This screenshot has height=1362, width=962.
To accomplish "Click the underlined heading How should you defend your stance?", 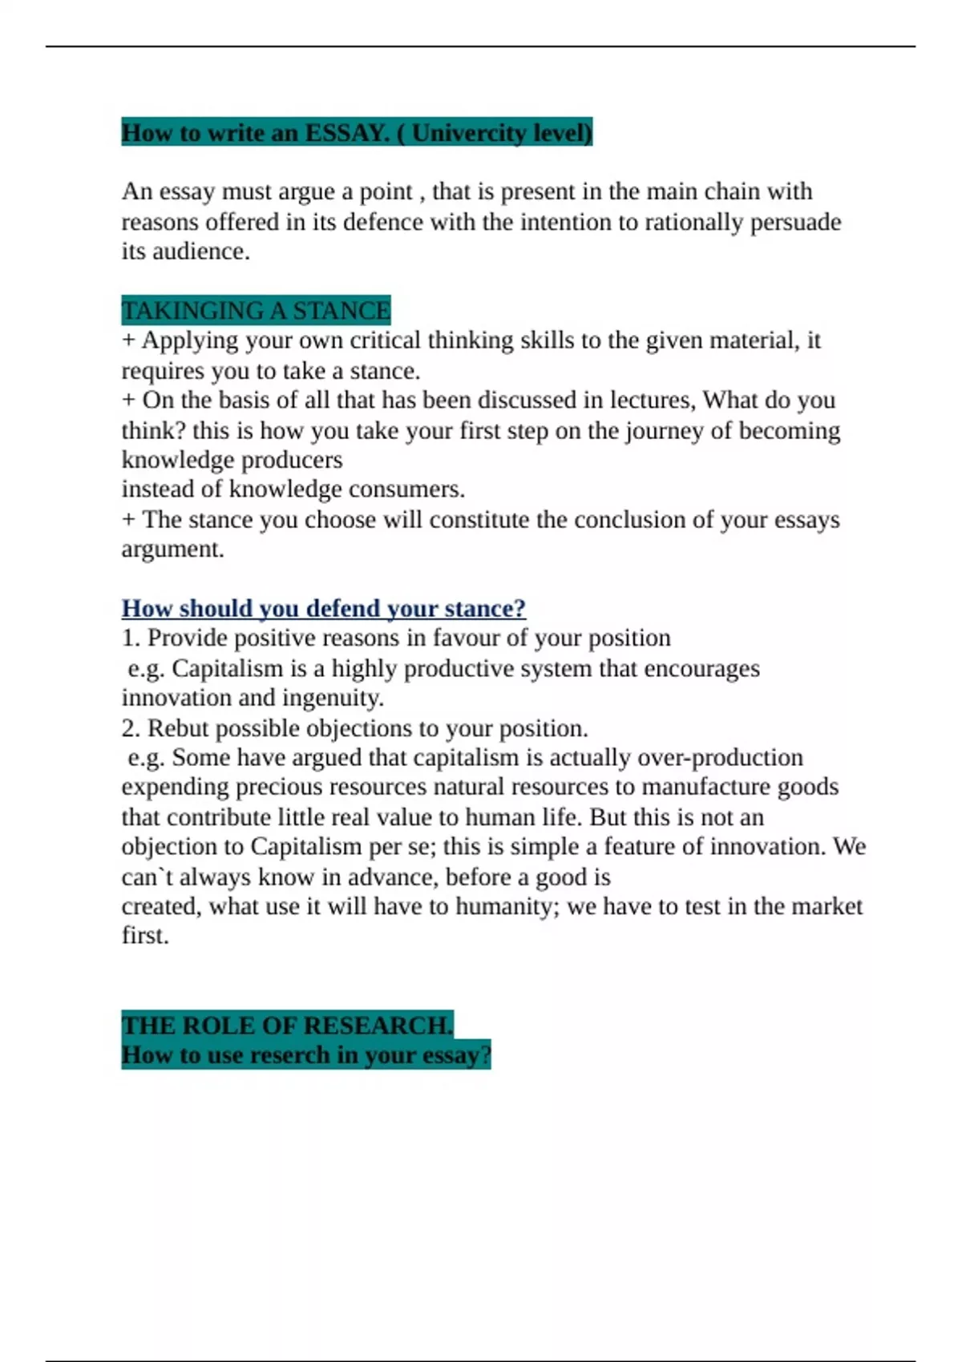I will [x=323, y=609].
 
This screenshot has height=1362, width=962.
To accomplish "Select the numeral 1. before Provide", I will [x=131, y=639].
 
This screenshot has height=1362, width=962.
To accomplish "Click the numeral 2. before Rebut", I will [x=131, y=728].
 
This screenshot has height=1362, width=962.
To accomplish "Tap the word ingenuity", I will [x=334, y=698].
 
